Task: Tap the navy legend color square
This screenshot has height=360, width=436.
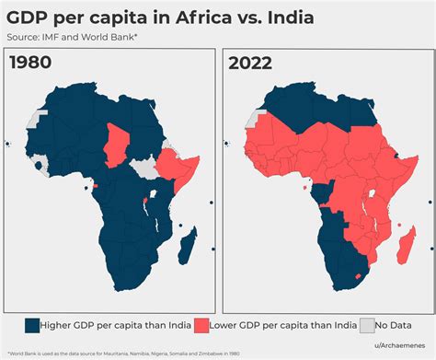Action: [x=31, y=324]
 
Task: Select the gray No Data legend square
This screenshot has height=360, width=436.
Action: [x=369, y=324]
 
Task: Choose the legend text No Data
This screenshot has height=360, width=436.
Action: [x=402, y=324]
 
